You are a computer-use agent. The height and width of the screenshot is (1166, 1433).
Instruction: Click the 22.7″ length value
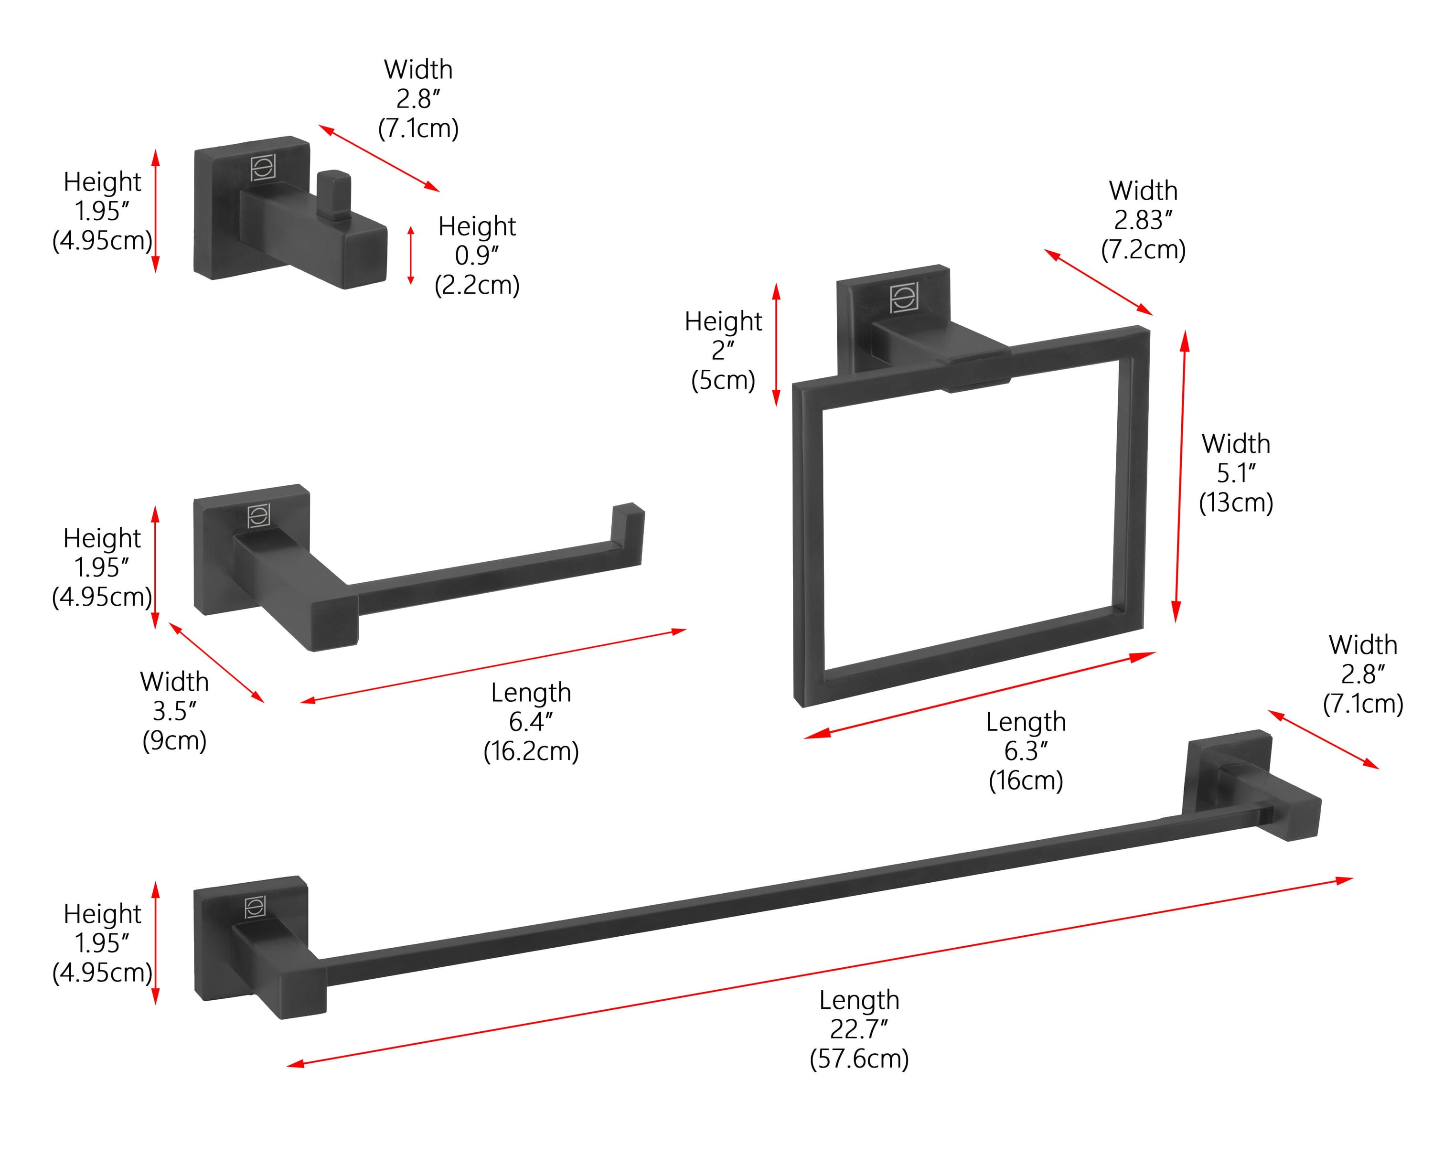point(858,1029)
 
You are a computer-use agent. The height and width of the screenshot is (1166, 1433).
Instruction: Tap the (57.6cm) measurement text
point(859,1059)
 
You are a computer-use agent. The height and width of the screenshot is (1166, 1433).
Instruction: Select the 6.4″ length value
point(531,721)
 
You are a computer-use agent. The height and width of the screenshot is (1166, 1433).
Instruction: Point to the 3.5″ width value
point(174,711)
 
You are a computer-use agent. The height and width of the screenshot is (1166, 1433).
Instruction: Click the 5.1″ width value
point(1236,473)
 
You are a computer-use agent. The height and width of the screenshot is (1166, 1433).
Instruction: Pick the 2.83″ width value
point(1143,220)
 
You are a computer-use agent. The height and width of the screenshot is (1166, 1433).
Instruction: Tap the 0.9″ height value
point(477,255)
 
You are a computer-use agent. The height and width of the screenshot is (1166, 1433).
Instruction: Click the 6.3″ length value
point(1026,751)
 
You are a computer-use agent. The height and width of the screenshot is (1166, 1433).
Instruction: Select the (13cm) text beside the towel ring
point(1236,503)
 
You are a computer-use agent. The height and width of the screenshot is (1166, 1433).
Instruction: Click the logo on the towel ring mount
point(904,299)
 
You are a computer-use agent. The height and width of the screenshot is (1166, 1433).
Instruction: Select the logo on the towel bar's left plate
point(255,908)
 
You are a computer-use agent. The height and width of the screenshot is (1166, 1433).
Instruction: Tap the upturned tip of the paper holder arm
point(627,531)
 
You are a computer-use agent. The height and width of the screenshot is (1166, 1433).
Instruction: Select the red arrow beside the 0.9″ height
point(411,255)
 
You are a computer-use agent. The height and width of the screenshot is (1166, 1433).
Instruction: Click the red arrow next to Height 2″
point(776,344)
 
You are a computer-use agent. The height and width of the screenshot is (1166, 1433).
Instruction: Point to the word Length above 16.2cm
point(531,693)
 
